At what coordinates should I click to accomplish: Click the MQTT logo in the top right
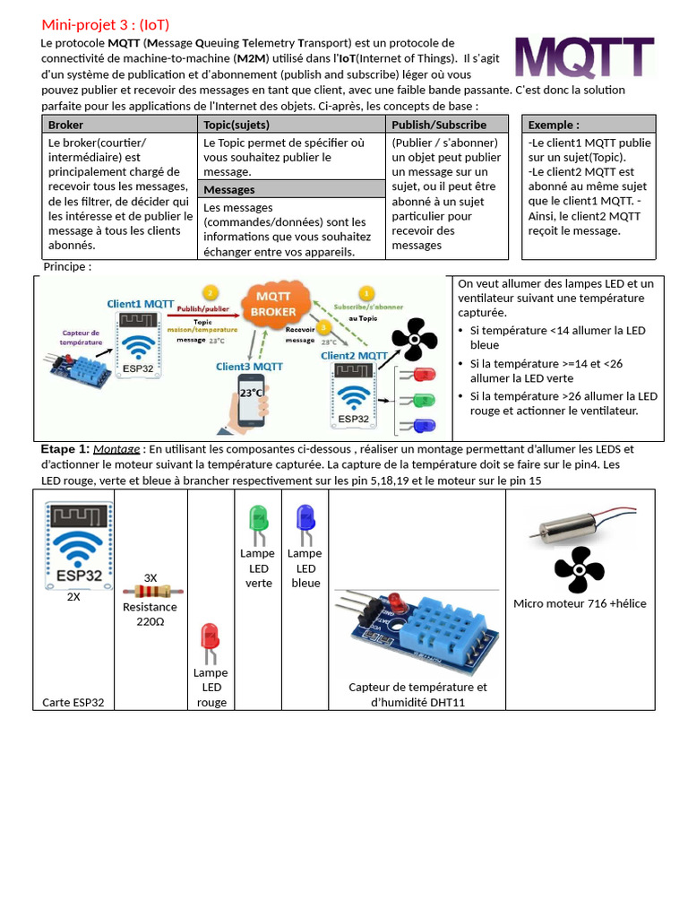coord(584,58)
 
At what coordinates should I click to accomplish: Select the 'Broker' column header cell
coord(65,125)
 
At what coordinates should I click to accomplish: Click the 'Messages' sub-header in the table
coord(229,189)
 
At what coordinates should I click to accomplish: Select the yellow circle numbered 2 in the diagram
coord(210,292)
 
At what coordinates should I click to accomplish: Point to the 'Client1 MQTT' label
coord(141,304)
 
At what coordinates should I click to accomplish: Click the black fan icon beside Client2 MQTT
coord(414,341)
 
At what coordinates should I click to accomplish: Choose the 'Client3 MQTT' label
coord(249,366)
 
